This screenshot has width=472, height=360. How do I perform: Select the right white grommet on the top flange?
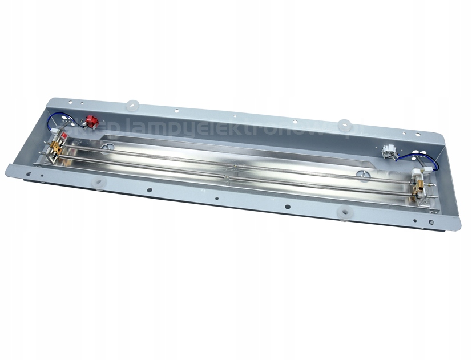pyautogui.click(x=344, y=125)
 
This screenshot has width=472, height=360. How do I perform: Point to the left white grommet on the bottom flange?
pyautogui.click(x=100, y=183)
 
